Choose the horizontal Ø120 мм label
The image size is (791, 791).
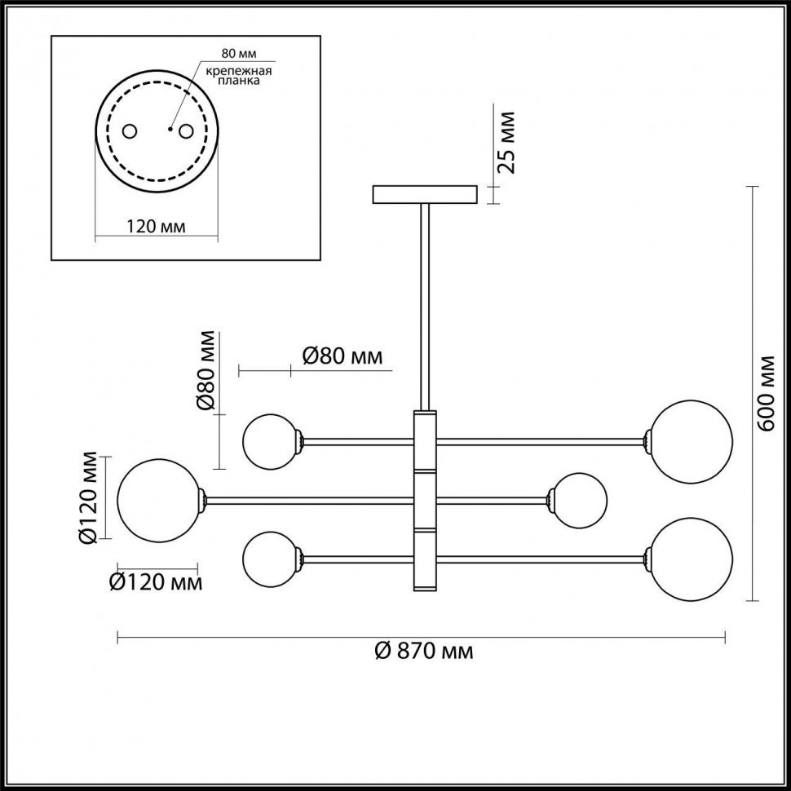click(155, 582)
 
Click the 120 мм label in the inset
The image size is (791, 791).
click(156, 226)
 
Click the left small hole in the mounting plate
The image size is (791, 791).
click(129, 131)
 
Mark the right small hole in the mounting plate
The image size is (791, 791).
click(187, 131)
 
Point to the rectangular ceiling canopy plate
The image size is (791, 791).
click(424, 194)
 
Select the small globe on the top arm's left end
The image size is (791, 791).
click(270, 441)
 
